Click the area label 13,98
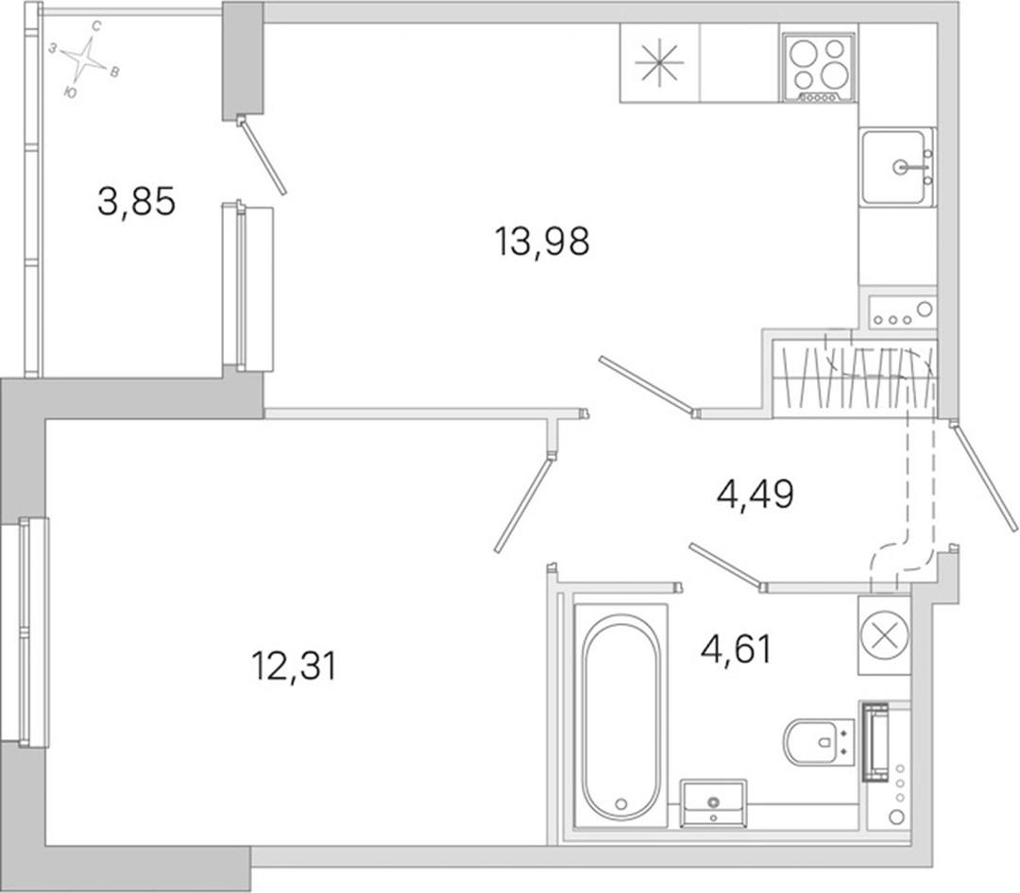point(542,241)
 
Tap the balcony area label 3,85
point(137,201)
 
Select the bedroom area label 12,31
point(294,666)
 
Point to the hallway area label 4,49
point(756,495)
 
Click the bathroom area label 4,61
point(737,649)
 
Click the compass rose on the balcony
point(85,59)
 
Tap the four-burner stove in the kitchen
point(819,66)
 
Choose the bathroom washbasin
point(714,802)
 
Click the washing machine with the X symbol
point(884,634)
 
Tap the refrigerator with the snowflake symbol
point(659,63)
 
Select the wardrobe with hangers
point(855,378)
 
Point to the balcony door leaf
point(263,155)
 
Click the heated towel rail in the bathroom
point(875,741)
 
